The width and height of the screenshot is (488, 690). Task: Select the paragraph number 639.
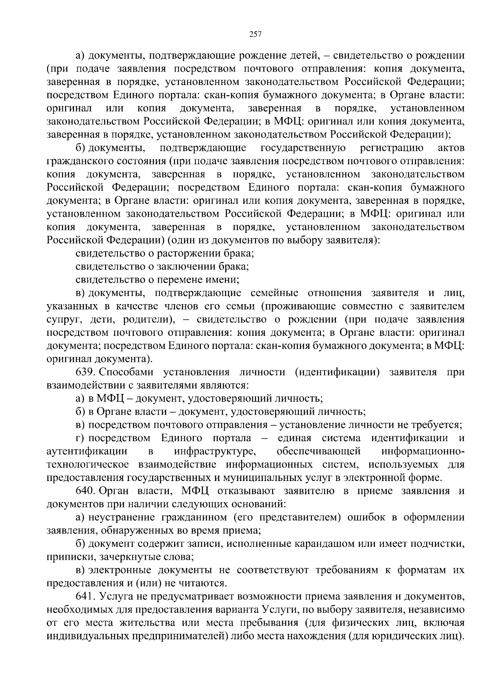tap(85, 372)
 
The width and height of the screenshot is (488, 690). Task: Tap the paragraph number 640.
tap(85, 491)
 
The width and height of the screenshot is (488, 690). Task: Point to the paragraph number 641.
tap(85, 596)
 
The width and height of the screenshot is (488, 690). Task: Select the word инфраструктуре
tap(215, 451)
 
